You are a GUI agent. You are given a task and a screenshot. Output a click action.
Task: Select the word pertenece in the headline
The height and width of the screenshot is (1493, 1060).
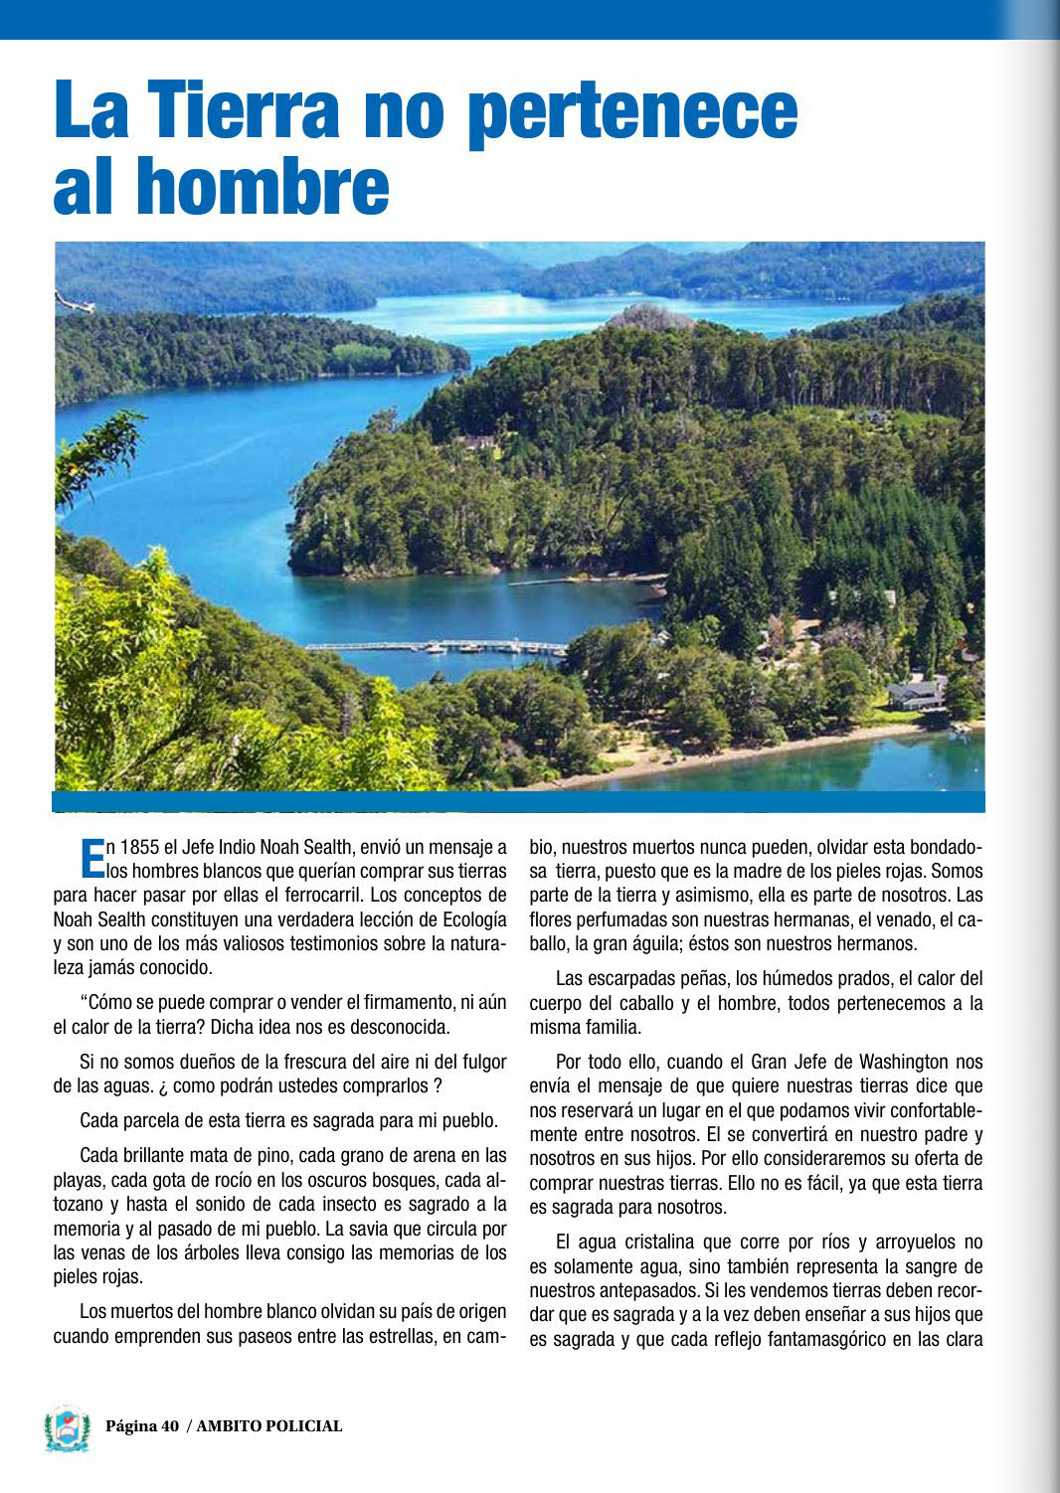tap(632, 111)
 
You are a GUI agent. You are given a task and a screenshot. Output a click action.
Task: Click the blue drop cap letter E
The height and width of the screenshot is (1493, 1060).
tap(90, 859)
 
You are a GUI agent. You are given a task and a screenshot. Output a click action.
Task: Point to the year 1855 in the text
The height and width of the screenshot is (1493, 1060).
tap(140, 848)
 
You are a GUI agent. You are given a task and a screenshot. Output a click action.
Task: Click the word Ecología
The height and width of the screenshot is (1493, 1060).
tap(468, 919)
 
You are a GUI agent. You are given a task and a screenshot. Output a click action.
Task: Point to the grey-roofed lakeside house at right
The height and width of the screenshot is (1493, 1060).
tap(916, 692)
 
